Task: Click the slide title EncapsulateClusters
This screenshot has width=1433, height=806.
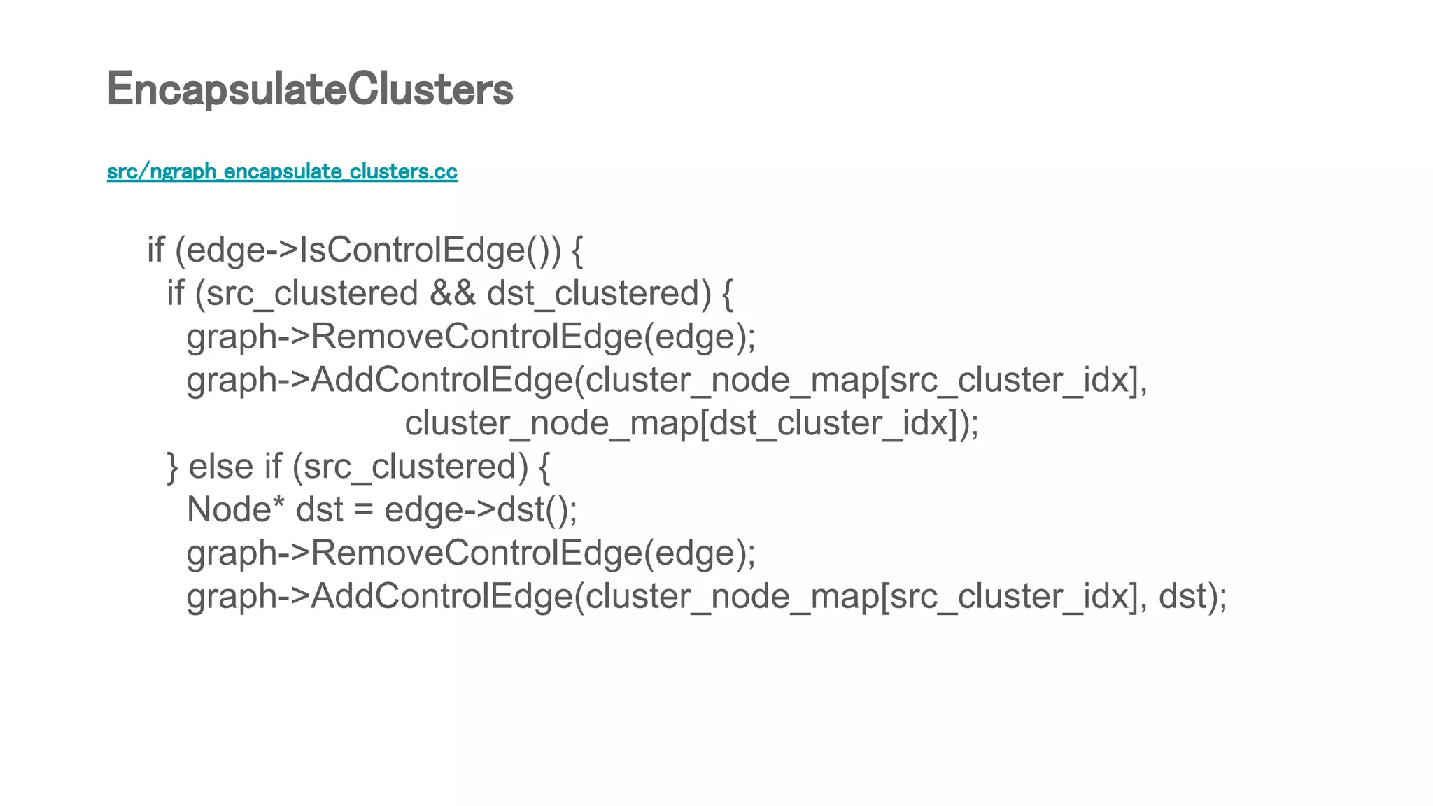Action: tap(310, 90)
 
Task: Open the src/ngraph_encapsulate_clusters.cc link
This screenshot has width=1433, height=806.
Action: tap(282, 171)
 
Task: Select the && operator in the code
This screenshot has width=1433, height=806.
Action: tap(452, 293)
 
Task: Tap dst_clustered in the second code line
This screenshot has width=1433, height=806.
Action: tap(593, 293)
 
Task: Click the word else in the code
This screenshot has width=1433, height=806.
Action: tap(220, 466)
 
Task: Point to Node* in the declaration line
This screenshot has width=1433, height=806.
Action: tap(236, 509)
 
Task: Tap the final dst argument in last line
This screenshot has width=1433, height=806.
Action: tap(1182, 596)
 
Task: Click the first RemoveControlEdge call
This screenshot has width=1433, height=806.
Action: tap(476, 337)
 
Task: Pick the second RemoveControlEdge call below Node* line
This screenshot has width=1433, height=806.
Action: tap(476, 553)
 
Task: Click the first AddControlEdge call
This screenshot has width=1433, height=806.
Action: tap(441, 380)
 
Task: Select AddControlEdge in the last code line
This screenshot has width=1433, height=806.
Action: tap(441, 596)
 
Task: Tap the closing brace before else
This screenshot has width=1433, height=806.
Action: tap(172, 467)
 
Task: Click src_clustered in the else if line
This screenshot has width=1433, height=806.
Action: tap(409, 466)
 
